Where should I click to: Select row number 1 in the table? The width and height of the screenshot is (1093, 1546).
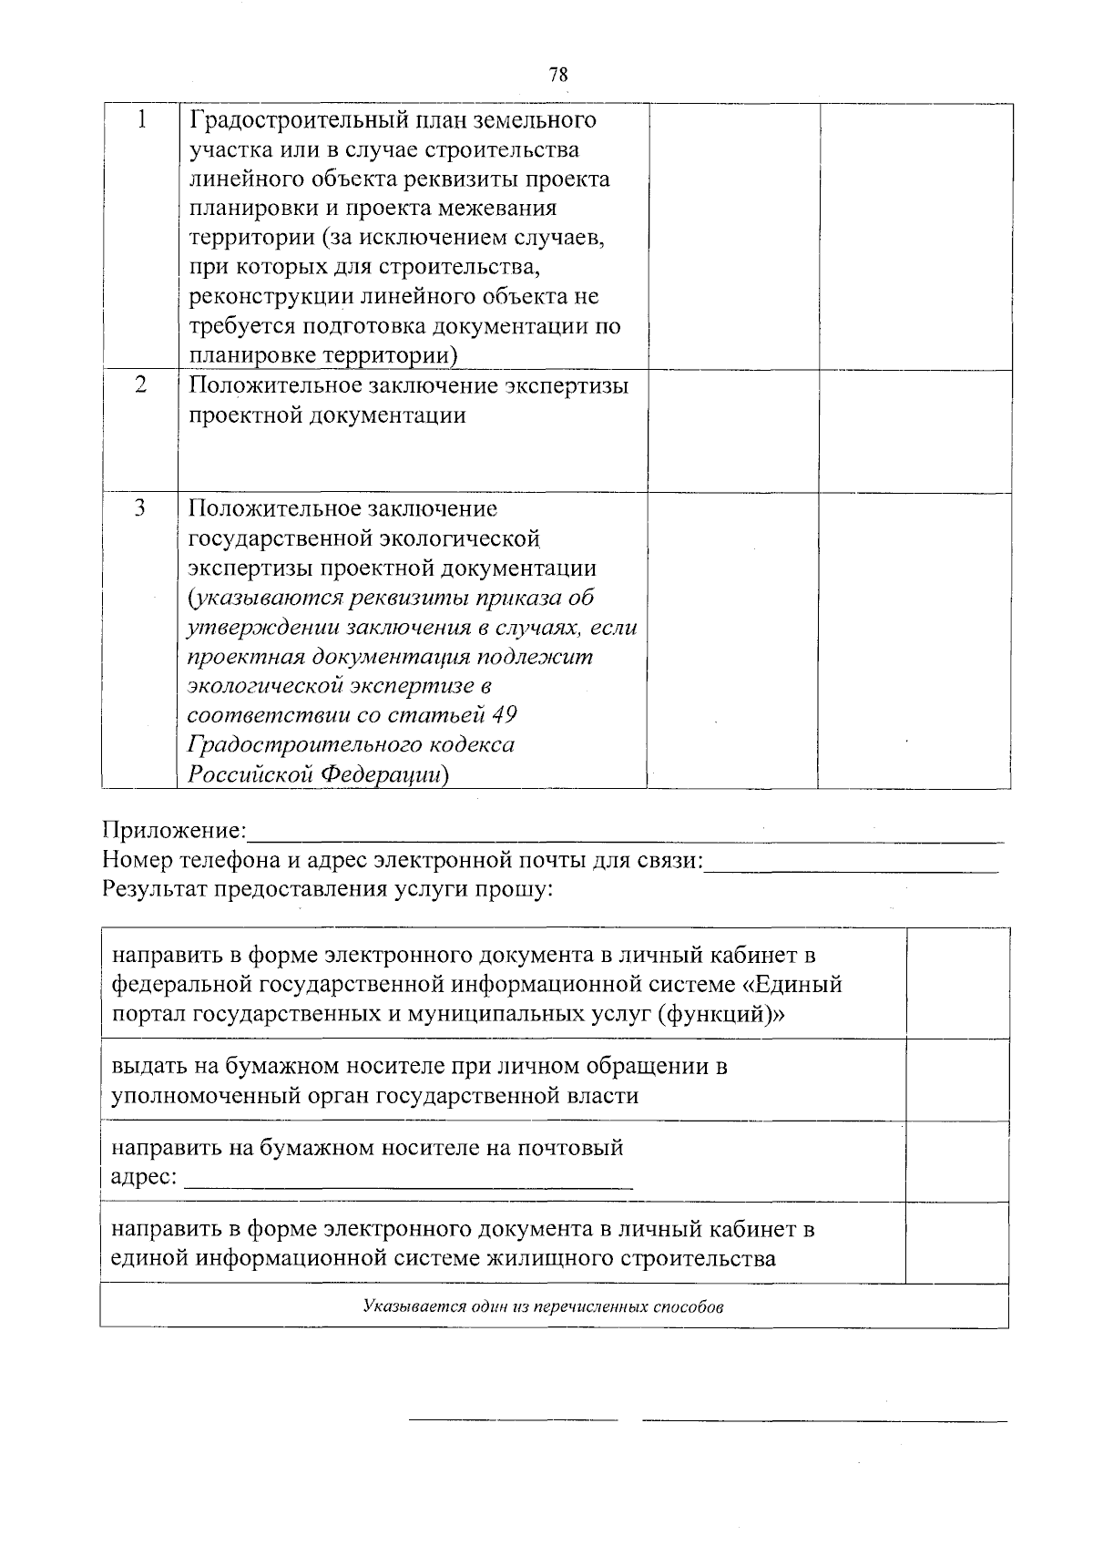click(141, 119)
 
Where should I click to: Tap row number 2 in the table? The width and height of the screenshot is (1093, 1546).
click(141, 384)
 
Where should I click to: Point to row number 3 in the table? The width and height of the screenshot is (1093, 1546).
click(140, 507)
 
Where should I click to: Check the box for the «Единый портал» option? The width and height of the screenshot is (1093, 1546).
click(957, 984)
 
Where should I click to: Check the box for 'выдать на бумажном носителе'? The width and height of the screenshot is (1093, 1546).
click(957, 1080)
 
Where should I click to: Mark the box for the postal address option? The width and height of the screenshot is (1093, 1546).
click(957, 1162)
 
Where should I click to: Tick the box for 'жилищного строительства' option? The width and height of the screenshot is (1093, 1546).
click(957, 1243)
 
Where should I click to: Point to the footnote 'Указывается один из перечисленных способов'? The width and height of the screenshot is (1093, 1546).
click(544, 1307)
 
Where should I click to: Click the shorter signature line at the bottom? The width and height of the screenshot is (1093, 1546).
click(513, 1419)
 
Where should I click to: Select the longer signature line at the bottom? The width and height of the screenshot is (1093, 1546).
click(824, 1420)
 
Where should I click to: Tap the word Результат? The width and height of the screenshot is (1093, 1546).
click(154, 889)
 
